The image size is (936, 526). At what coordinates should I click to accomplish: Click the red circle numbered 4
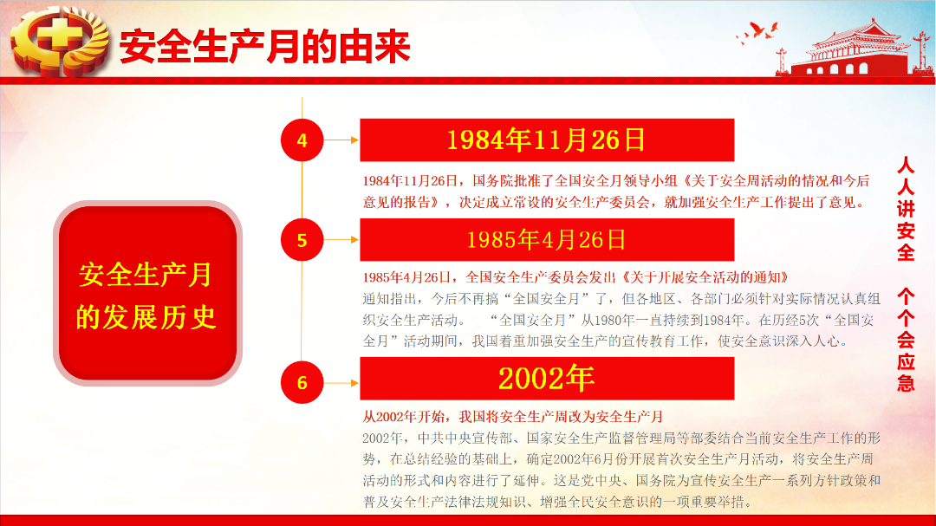[302, 140]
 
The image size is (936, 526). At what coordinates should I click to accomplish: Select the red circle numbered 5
[302, 239]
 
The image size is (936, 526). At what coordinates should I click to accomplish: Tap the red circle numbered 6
[302, 382]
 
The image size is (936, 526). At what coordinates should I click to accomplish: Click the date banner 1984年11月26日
[547, 140]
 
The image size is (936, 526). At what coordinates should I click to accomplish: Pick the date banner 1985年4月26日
[547, 239]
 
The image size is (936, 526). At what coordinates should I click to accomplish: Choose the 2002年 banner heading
[547, 379]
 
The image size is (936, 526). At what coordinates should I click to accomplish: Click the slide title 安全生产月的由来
[265, 47]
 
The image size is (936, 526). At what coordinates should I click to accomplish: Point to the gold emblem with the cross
[60, 41]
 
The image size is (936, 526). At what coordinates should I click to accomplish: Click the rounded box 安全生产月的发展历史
[147, 293]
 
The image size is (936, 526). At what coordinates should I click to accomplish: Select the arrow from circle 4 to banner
[341, 140]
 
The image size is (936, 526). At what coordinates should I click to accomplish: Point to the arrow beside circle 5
[341, 239]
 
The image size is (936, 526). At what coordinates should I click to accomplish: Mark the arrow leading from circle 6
[341, 383]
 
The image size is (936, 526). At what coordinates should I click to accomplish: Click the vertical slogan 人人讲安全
[906, 209]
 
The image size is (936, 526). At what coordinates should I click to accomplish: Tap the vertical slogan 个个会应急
[906, 340]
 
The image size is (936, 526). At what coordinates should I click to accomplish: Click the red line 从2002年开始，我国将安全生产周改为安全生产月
[513, 417]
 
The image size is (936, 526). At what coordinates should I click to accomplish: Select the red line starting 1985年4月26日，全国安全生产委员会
[576, 277]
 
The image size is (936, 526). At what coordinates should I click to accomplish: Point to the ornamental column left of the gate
[782, 62]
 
